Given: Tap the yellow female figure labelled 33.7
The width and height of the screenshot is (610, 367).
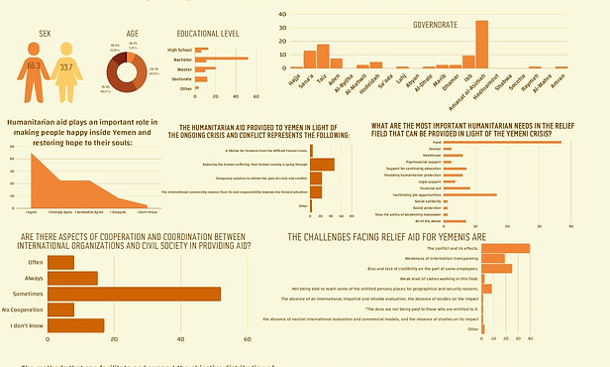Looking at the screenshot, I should (x=66, y=72).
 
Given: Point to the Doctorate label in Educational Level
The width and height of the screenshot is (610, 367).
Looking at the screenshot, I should (x=180, y=77).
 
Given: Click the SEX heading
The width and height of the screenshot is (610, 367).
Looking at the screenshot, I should (x=45, y=33).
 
